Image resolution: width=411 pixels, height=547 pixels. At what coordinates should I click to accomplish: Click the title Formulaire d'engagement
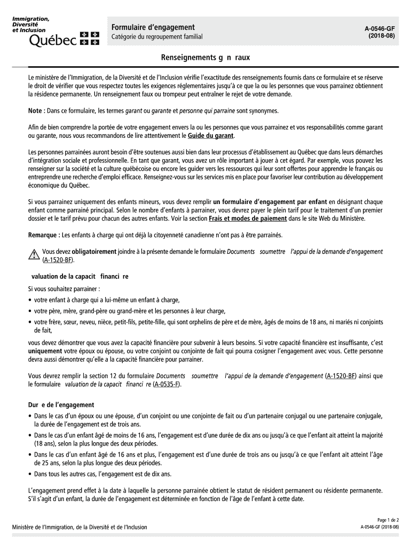point(153,27)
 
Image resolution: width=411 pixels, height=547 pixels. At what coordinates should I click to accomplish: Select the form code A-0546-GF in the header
point(380,27)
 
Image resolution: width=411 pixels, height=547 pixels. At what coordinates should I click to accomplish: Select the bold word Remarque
point(44,235)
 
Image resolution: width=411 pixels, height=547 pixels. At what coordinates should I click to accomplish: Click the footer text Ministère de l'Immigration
point(80,527)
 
